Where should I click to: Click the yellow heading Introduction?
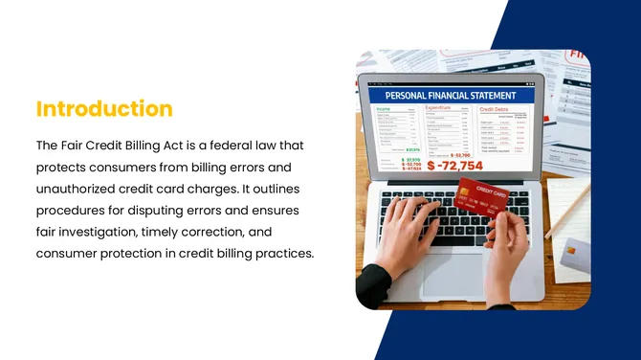[x=104, y=109]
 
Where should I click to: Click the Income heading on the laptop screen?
[x=385, y=109]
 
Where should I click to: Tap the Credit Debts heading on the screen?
[x=497, y=109]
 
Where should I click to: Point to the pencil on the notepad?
[x=566, y=210]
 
